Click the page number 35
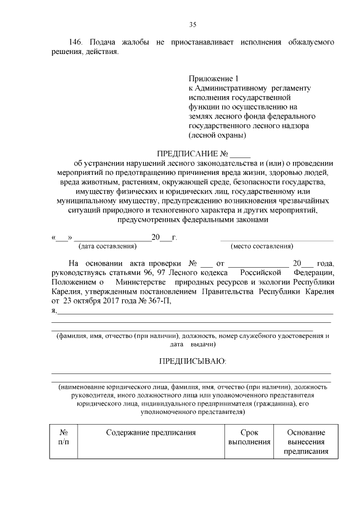[192, 24]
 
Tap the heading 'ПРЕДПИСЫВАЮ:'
[192, 361]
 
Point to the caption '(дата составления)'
[107, 246]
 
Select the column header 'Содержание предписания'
[150, 433]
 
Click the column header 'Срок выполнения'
[249, 438]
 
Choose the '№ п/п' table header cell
[64, 438]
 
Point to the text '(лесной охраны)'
[217, 136]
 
